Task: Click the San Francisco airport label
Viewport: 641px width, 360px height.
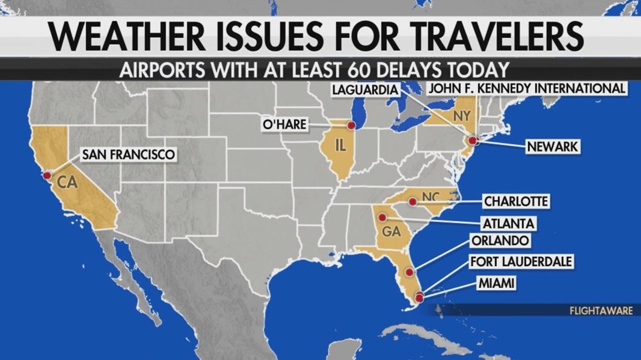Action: tap(129, 154)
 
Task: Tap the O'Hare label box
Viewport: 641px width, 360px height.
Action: tap(284, 124)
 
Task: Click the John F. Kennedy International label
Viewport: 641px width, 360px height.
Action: tap(527, 89)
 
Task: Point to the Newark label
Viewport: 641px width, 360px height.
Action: tap(553, 147)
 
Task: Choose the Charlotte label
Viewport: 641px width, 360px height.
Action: tap(515, 201)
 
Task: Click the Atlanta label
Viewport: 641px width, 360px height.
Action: tap(508, 223)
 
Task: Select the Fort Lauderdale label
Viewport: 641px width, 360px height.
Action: tap(520, 261)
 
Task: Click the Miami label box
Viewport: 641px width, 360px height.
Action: tap(496, 282)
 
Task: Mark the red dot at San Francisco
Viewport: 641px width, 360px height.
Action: tap(47, 175)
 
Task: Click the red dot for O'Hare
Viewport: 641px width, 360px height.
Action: tap(351, 126)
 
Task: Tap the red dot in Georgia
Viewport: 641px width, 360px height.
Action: tap(382, 217)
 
